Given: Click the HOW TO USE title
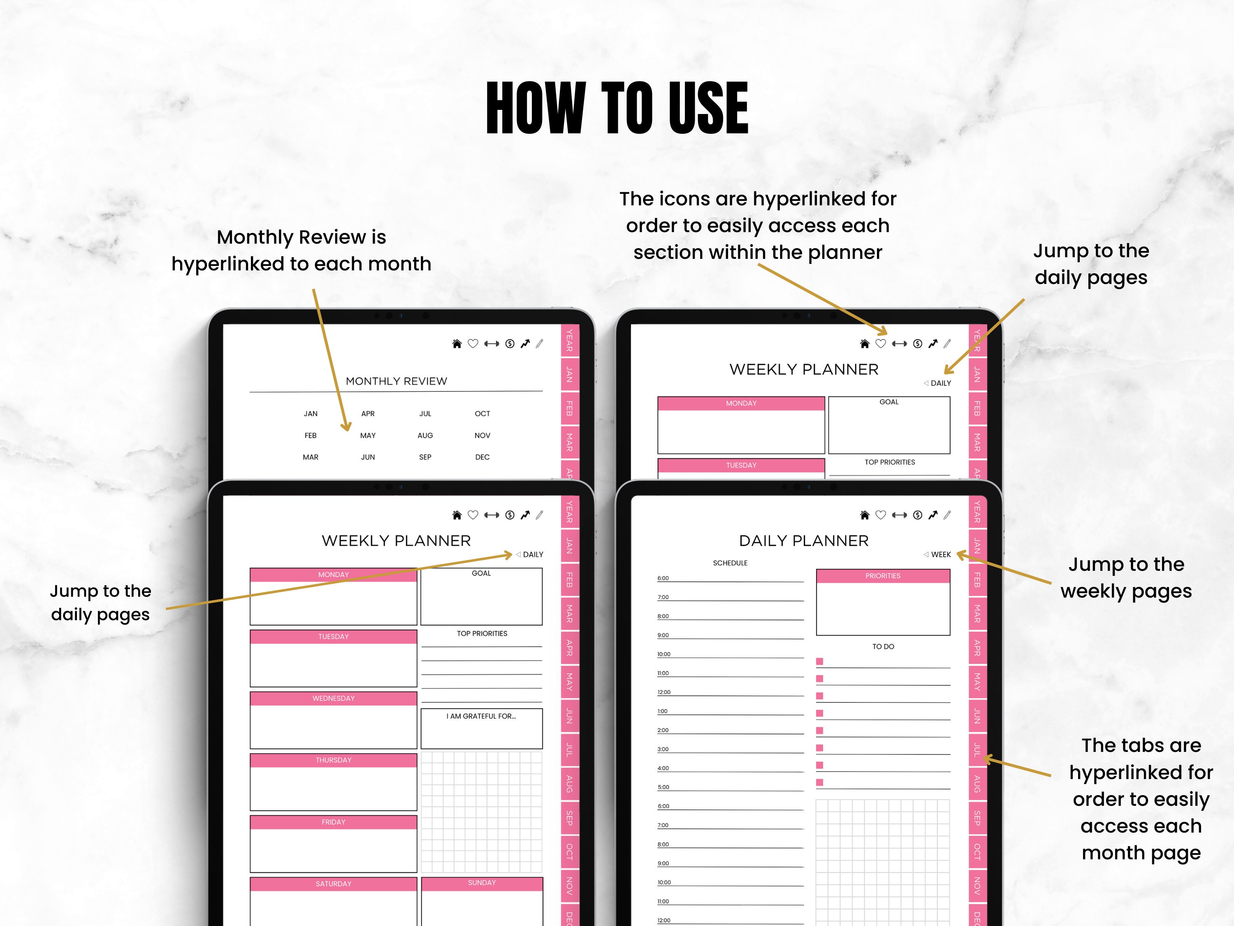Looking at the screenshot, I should (617, 108).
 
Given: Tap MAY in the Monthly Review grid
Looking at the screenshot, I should (368, 435).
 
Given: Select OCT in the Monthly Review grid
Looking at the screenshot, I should (482, 414).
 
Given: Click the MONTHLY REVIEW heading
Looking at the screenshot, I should (396, 381).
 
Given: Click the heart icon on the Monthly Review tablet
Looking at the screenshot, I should (473, 343).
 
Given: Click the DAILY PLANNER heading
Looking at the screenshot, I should (803, 540).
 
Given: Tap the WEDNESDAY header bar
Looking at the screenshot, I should (333, 698).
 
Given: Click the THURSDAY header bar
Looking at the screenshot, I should (333, 760).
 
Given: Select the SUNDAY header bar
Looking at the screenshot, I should (481, 883).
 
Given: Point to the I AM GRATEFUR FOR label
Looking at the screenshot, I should (481, 716).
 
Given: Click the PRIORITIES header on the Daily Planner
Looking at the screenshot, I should (883, 576).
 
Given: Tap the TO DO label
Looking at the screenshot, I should (883, 647).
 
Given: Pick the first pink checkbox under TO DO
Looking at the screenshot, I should (819, 661).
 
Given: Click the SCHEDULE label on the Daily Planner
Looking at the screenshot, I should (730, 563).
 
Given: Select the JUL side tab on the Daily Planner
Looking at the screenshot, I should (977, 749).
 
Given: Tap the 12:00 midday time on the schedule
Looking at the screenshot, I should (664, 692).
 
